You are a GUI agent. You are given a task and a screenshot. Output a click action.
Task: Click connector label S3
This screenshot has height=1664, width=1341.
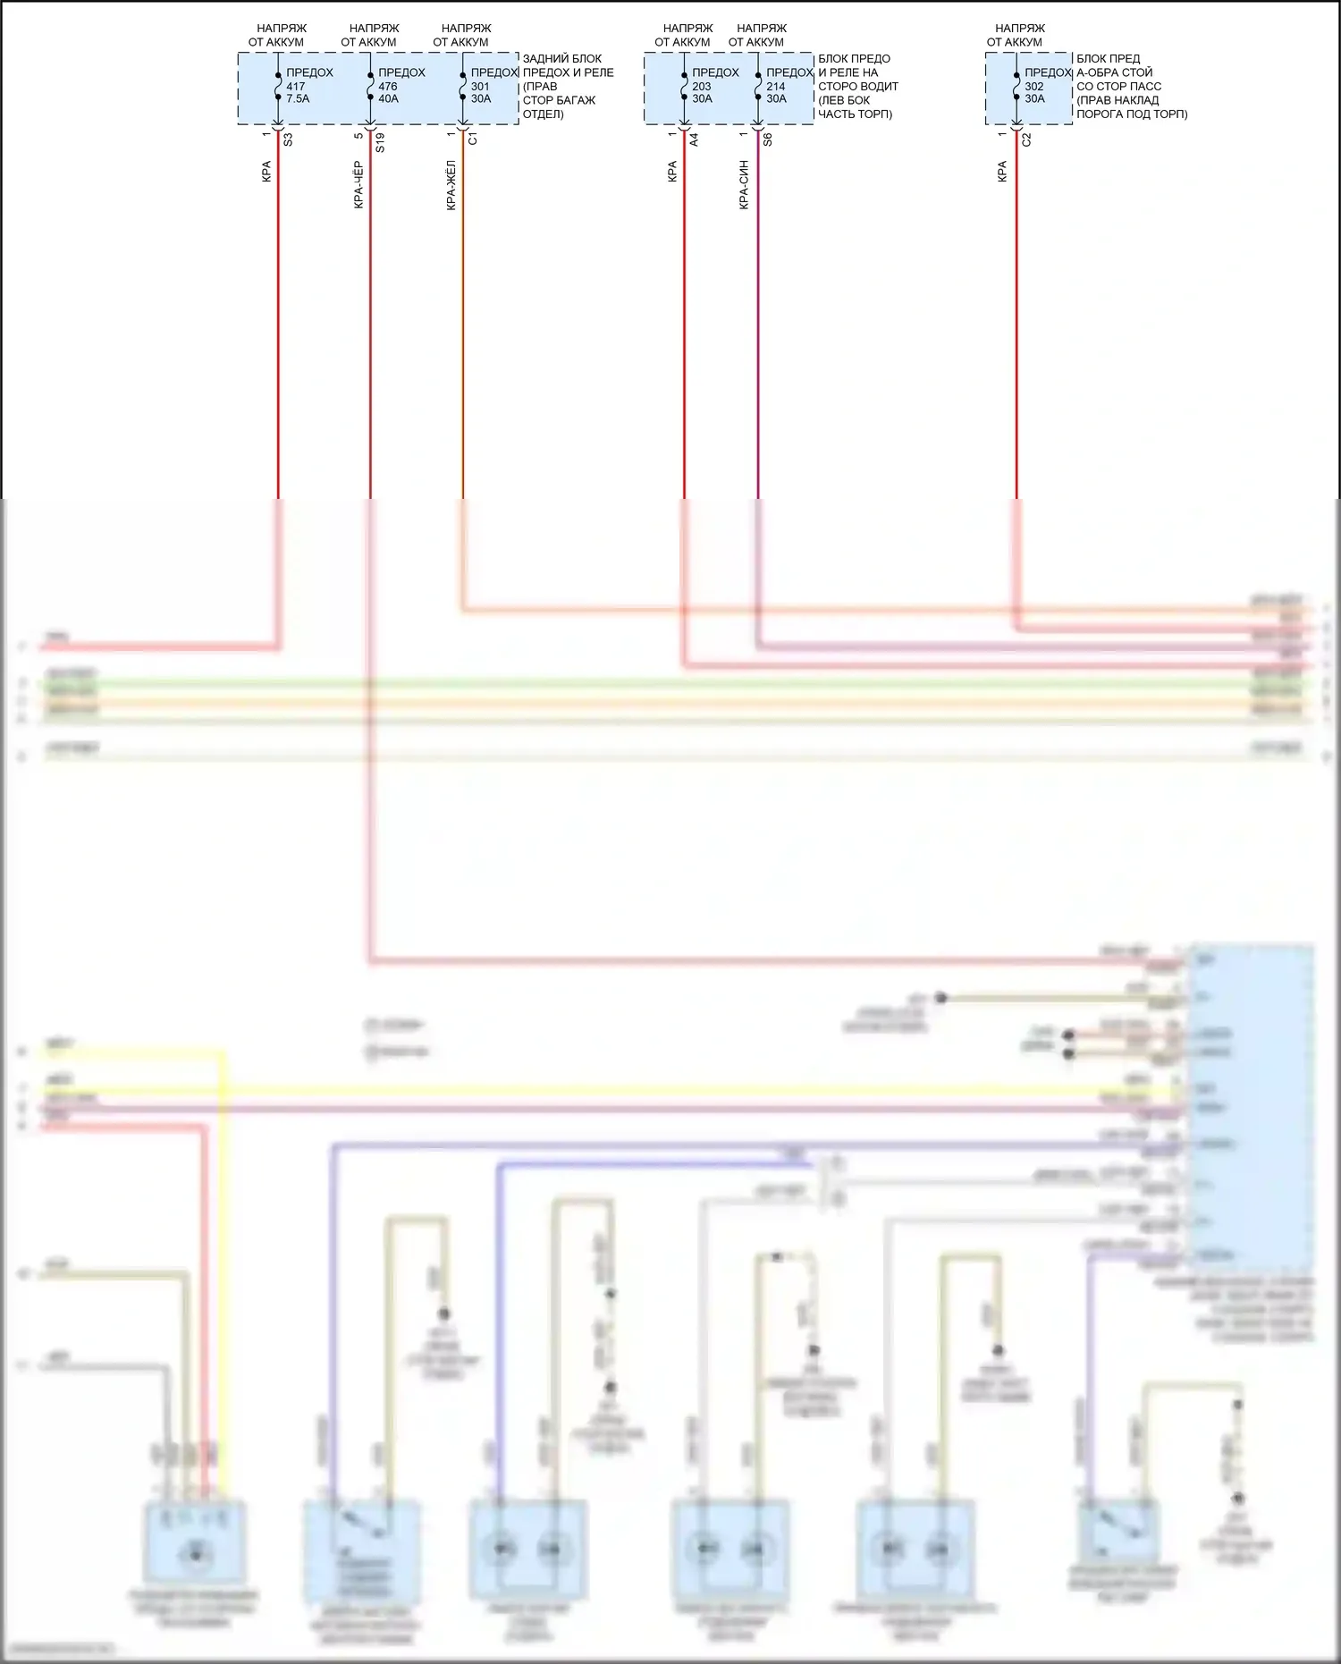[288, 139]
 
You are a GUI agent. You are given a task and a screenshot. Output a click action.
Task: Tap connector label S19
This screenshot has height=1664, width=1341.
[380, 143]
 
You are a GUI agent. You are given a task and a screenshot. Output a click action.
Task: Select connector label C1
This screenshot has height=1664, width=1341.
[473, 139]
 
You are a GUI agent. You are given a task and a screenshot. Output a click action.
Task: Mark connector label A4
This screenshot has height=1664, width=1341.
[695, 139]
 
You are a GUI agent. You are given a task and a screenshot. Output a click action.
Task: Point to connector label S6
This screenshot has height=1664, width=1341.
[768, 139]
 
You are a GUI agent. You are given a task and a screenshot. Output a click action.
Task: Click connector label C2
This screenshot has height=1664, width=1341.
[1026, 139]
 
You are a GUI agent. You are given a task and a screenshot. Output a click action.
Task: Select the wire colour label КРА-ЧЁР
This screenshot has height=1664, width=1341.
[358, 185]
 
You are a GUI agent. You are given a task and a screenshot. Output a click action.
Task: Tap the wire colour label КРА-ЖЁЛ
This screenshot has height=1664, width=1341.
[451, 185]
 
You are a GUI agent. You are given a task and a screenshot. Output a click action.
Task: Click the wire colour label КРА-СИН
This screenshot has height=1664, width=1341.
[744, 185]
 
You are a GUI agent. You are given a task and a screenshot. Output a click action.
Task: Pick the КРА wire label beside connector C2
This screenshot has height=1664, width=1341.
[1002, 172]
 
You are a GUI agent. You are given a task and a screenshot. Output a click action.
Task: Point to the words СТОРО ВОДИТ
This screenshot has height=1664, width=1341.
[858, 87]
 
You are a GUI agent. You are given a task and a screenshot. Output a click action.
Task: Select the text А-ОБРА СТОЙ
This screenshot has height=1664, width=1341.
[1114, 72]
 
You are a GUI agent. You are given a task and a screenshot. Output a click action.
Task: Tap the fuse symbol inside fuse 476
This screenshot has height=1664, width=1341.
[370, 86]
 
